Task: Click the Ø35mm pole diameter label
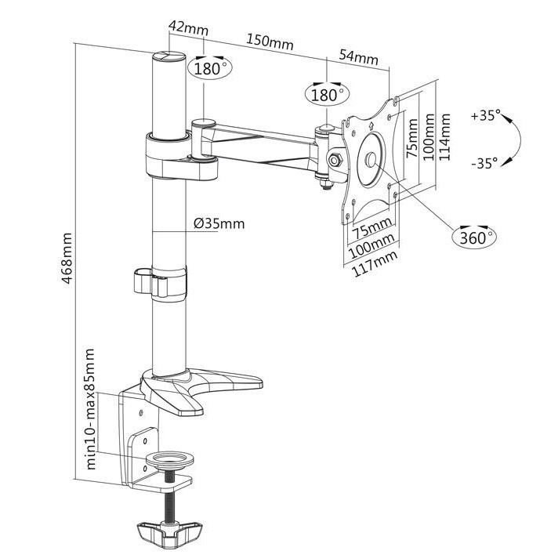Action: (x=219, y=224)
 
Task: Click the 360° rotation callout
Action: (x=474, y=237)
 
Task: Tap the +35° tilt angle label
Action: (x=485, y=115)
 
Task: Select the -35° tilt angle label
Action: (x=484, y=163)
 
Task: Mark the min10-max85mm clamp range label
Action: (x=92, y=408)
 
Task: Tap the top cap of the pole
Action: (x=166, y=56)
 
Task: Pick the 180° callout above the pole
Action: (x=208, y=68)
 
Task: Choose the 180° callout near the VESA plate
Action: (x=326, y=95)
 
